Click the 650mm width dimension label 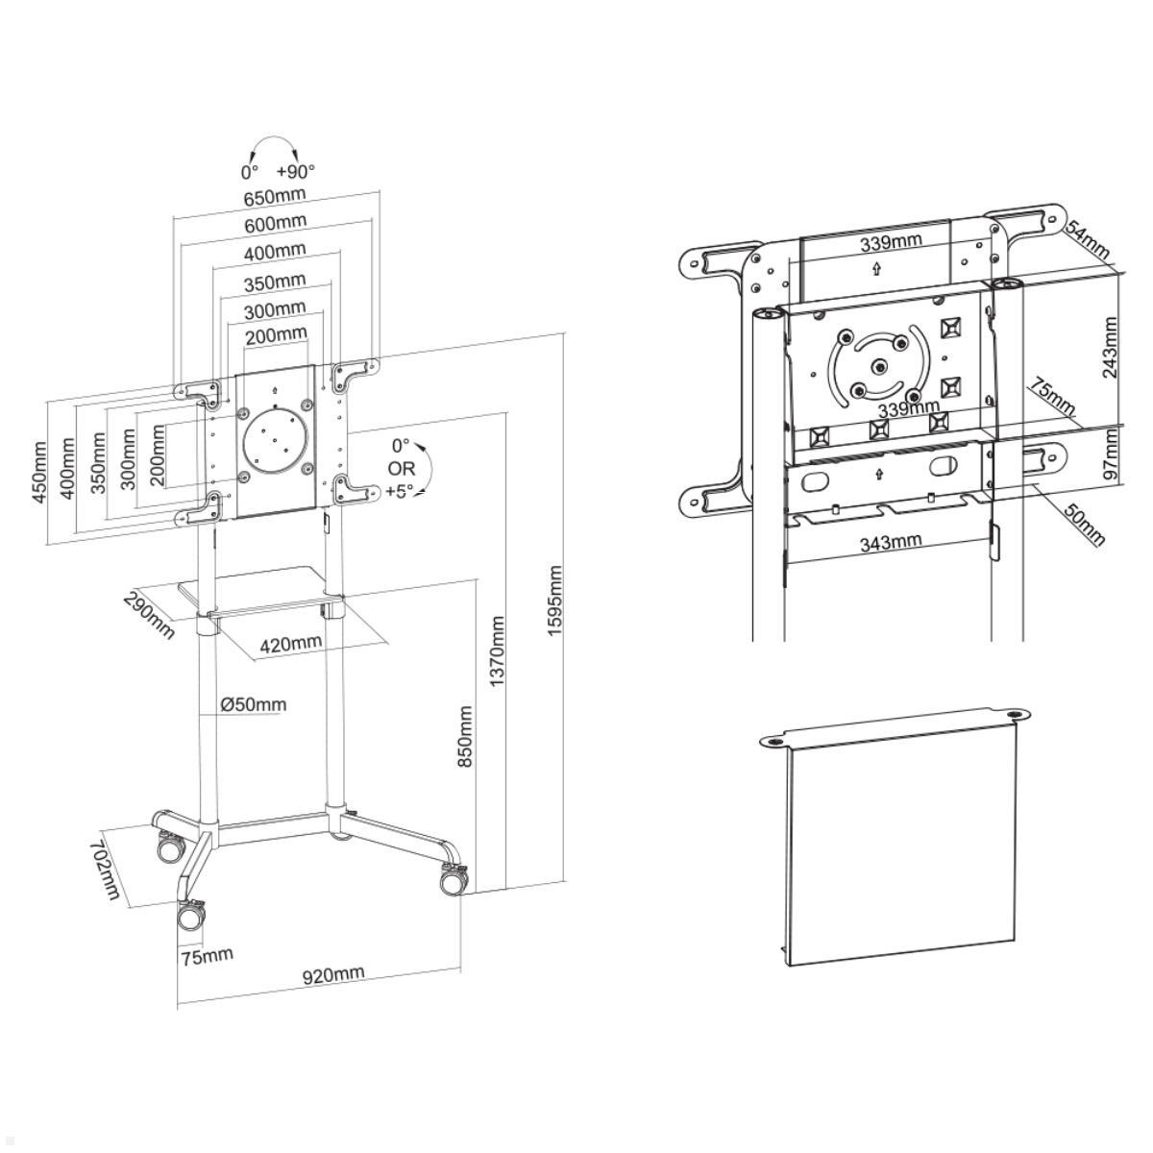click(275, 197)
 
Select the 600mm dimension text click(275, 224)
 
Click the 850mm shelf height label click(465, 736)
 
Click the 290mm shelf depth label click(149, 615)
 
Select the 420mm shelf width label click(291, 644)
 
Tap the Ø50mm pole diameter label click(254, 705)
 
